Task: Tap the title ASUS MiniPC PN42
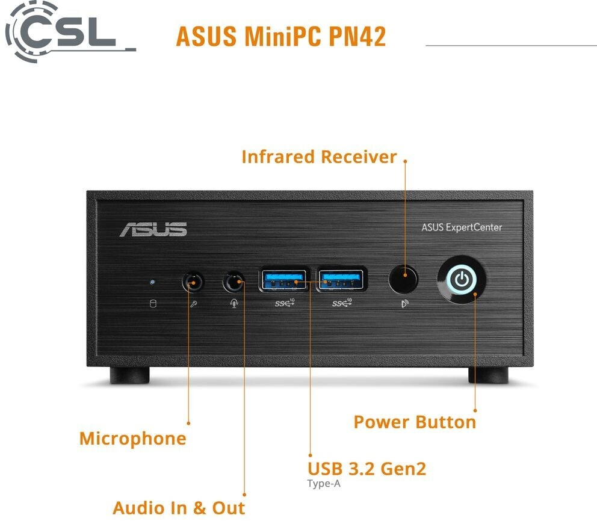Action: pos(280,36)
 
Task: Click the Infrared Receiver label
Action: pos(319,156)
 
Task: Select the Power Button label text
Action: pos(414,422)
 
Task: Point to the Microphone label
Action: pos(132,438)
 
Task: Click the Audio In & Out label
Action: pos(179,507)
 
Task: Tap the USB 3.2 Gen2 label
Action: pos(367,469)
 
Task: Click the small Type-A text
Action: pos(328,483)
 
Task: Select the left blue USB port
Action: pos(285,279)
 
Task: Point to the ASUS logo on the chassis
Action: pos(153,229)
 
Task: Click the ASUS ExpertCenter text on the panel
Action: pos(462,227)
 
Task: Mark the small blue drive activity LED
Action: pos(152,281)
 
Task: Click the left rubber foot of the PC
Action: pos(129,375)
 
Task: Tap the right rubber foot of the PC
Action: pos(488,375)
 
